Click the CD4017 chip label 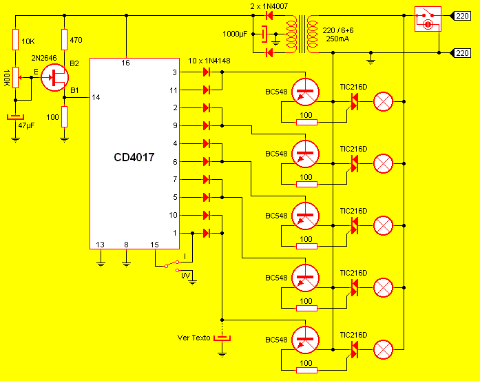[134, 158]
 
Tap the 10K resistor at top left [15, 40]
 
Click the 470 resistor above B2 [64, 40]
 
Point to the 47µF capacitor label [26, 125]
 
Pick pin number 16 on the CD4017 [126, 63]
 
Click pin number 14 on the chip [96, 98]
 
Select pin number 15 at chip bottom [154, 245]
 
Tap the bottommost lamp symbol [383, 349]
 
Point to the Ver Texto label [194, 338]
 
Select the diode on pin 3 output [206, 72]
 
